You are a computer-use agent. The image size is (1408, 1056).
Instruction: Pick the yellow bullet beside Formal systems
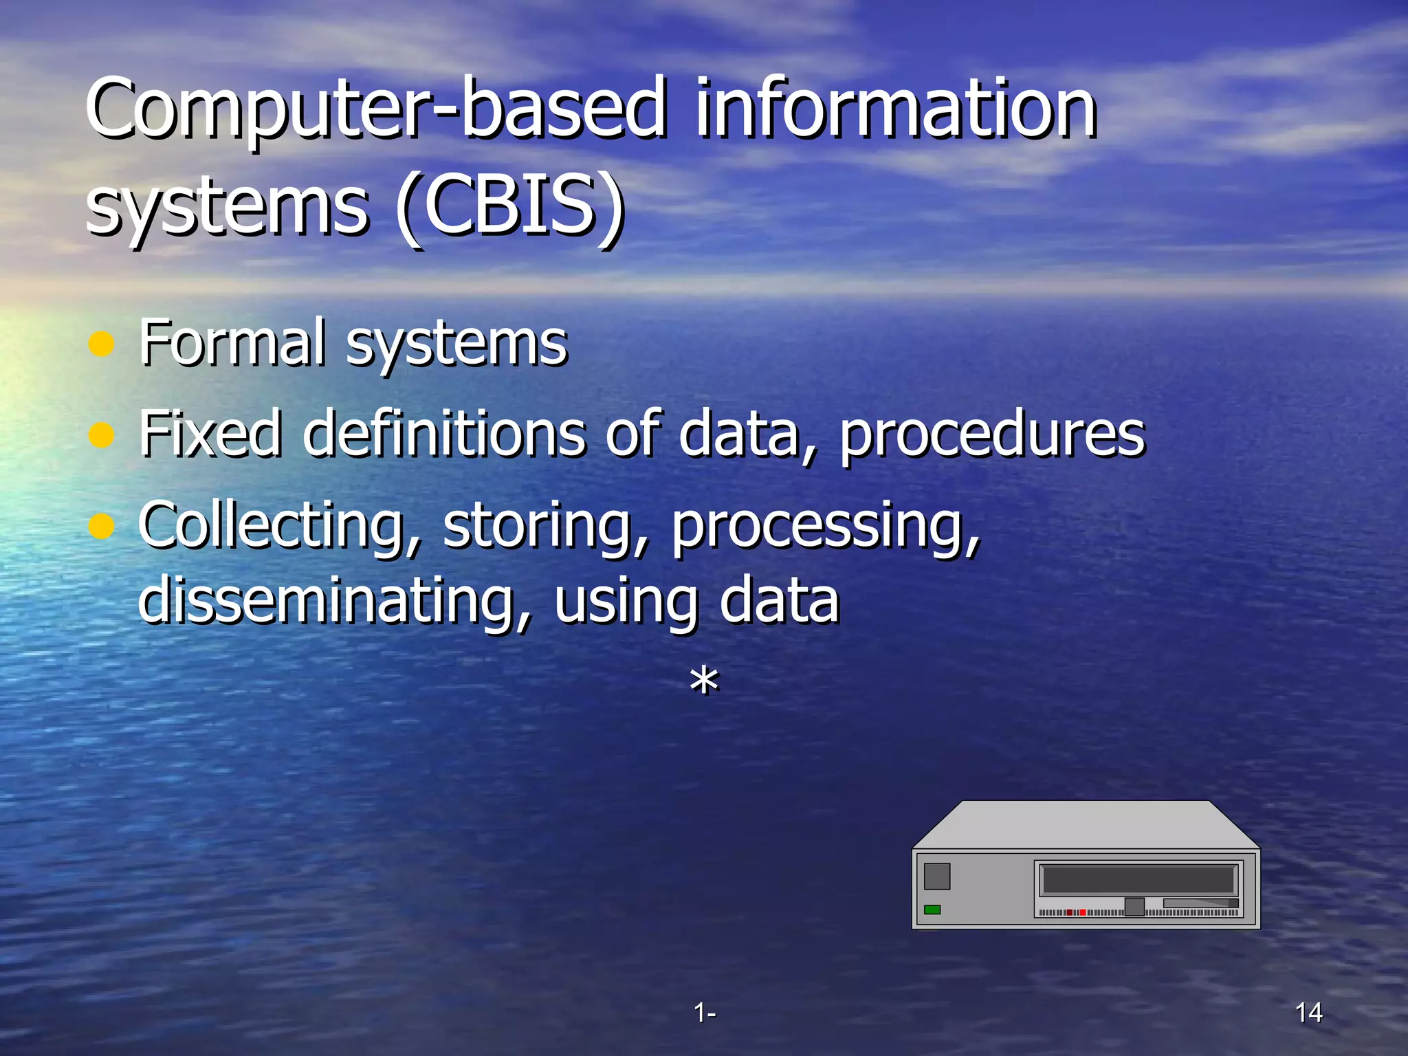tap(102, 344)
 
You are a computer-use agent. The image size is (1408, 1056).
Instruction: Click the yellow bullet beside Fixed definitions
tap(102, 434)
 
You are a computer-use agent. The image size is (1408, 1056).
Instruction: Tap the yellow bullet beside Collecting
tap(102, 526)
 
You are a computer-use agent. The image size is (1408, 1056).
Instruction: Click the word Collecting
tap(278, 526)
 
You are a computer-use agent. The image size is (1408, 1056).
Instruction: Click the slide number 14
tap(1308, 1012)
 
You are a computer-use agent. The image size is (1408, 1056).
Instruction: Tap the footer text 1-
tap(704, 1012)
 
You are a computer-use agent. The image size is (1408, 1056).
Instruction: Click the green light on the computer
tap(932, 910)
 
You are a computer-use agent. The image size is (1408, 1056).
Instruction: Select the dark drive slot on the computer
tap(1138, 879)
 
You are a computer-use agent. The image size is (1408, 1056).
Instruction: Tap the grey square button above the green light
tap(937, 876)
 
